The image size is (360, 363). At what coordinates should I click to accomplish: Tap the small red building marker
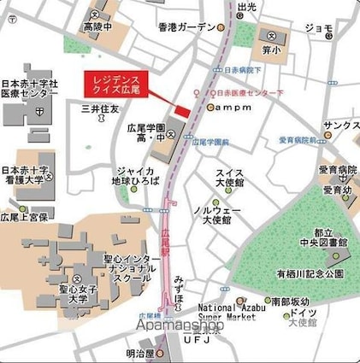181,112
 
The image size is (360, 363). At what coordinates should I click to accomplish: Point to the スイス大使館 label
230,179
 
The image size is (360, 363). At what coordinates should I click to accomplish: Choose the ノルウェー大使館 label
217,214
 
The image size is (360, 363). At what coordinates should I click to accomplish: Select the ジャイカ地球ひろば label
135,176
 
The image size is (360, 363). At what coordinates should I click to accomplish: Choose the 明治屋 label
138,353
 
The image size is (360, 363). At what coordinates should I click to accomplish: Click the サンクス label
341,125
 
